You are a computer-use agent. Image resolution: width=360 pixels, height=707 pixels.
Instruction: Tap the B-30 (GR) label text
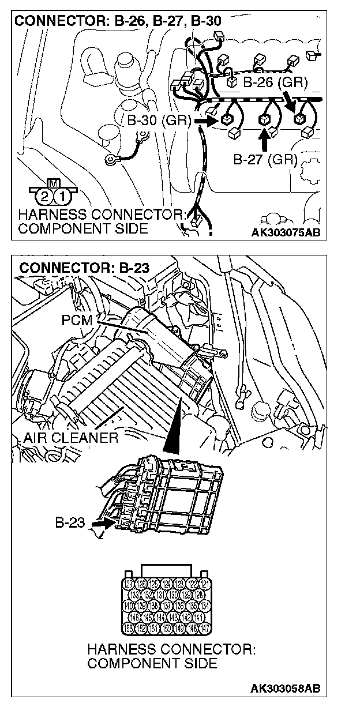[156, 122]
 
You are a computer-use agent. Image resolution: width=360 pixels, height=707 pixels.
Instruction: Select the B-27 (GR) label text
[265, 159]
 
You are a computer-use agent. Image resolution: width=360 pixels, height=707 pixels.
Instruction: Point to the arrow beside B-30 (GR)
[205, 122]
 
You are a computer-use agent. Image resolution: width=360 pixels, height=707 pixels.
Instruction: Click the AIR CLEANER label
[70, 437]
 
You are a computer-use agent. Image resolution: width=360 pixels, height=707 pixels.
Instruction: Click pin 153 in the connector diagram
[129, 627]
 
